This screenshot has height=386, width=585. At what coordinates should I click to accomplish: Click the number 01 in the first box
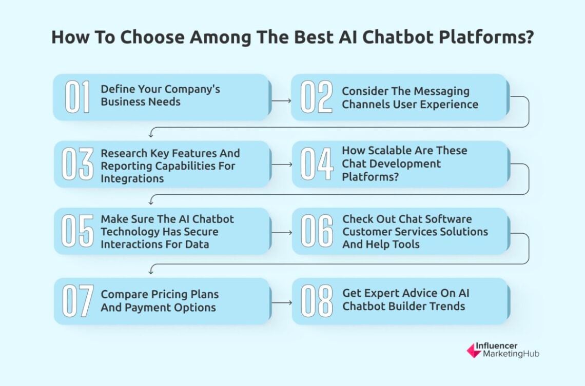pyautogui.click(x=77, y=97)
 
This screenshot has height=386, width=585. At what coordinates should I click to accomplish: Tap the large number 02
pyautogui.click(x=316, y=97)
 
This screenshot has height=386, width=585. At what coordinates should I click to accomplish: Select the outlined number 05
pyautogui.click(x=77, y=231)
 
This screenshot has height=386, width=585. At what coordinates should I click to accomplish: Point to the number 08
pyautogui.click(x=316, y=301)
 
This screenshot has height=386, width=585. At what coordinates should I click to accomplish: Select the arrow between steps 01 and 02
pyautogui.click(x=281, y=100)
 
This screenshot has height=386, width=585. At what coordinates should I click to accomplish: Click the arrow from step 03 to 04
pyautogui.click(x=281, y=165)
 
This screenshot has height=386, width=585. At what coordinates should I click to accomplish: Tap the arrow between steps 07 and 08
pyautogui.click(x=281, y=302)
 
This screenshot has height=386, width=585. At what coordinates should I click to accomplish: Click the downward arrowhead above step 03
pyautogui.click(x=151, y=135)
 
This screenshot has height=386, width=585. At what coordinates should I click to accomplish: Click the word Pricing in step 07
pyautogui.click(x=169, y=295)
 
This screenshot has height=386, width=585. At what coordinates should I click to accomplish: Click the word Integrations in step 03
pyautogui.click(x=132, y=178)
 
